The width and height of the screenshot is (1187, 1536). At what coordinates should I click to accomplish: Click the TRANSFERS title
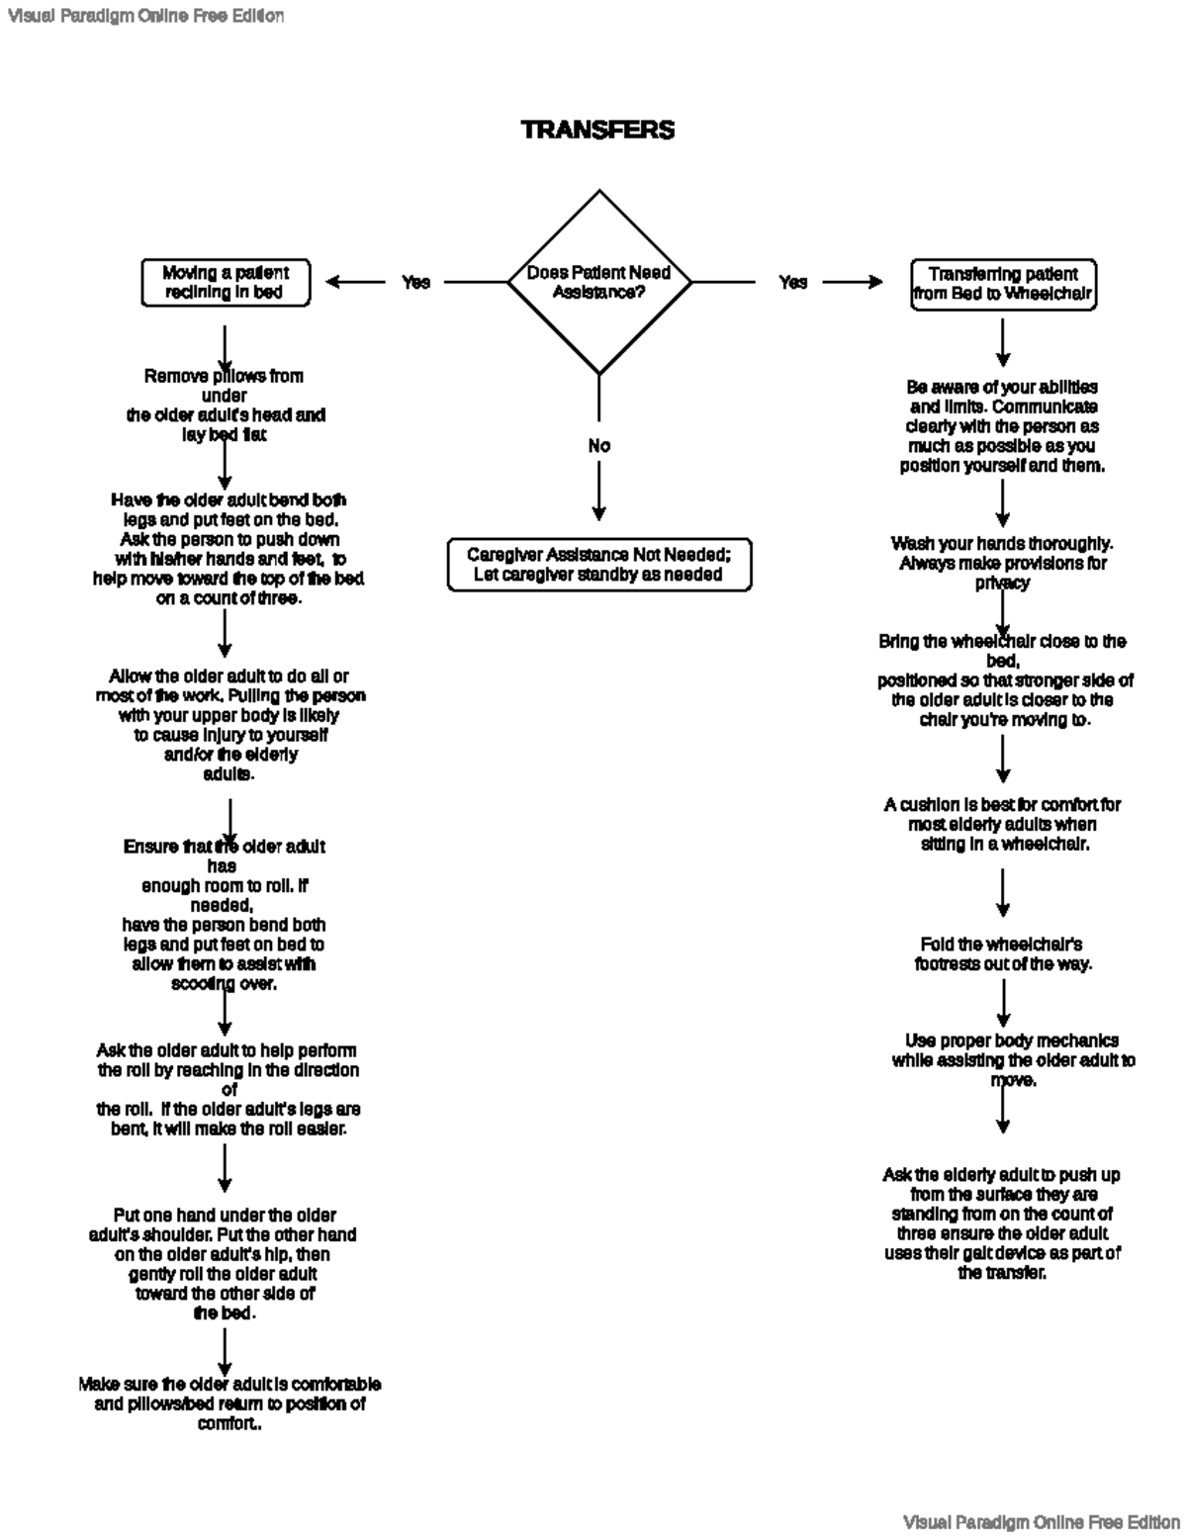coord(597,130)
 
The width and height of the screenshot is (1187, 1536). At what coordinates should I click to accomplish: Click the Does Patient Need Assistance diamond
coord(598,283)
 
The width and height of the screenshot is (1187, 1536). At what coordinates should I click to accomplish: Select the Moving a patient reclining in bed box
coord(225,283)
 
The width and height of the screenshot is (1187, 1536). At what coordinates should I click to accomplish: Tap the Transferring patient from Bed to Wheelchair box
coord(1002,284)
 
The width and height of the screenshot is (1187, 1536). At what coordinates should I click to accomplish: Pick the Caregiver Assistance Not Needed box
coord(598,565)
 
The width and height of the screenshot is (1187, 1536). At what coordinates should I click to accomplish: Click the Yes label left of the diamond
coord(415,283)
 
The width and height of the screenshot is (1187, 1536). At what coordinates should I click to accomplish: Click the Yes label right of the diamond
coord(792,283)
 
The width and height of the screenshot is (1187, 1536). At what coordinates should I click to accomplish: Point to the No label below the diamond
coord(598,446)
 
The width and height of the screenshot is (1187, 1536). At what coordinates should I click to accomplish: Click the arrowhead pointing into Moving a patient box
coord(333,283)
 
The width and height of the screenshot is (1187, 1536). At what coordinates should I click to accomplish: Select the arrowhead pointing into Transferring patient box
coord(874,283)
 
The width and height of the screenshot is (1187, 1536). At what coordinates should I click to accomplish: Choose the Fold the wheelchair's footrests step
coord(1002,953)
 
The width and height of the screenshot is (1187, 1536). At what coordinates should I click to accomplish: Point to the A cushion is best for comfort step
coord(1002,824)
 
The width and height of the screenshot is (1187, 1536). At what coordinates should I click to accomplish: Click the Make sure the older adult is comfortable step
coord(229,1403)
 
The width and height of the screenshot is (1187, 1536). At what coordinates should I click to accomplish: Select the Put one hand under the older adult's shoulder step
coord(224,1264)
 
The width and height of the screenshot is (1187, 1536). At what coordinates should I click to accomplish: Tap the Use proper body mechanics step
coord(1012,1059)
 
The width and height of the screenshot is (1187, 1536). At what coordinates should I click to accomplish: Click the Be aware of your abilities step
coord(1002,426)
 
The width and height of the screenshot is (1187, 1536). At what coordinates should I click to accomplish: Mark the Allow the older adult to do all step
coord(229,725)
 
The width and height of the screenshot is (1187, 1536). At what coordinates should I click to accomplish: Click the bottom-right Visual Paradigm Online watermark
coord(1041,1521)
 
